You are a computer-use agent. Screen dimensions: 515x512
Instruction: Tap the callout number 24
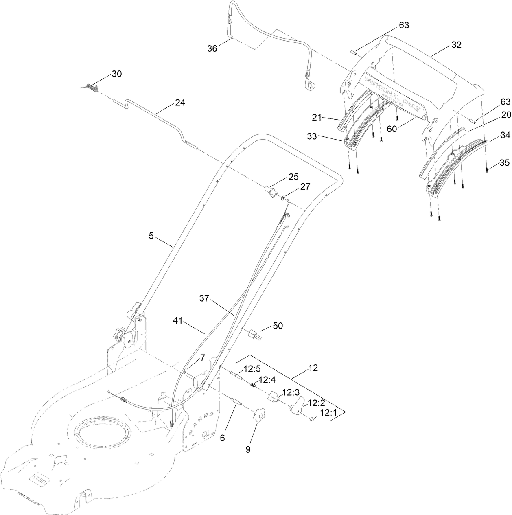pyautogui.click(x=180, y=103)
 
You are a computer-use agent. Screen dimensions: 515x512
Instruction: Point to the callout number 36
pyautogui.click(x=212, y=48)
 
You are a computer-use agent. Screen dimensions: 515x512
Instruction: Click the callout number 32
pyautogui.click(x=456, y=45)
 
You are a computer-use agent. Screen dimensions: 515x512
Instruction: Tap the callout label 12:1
pyautogui.click(x=329, y=413)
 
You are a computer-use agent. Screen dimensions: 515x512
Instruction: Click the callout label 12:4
pyautogui.click(x=267, y=380)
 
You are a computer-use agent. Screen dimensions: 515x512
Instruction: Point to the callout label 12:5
pyautogui.click(x=252, y=369)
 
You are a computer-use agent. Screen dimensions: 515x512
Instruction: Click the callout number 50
pyautogui.click(x=278, y=326)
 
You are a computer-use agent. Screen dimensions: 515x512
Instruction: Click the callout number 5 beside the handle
pyautogui.click(x=151, y=236)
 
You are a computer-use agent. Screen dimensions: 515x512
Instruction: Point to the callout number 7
pyautogui.click(x=202, y=357)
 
